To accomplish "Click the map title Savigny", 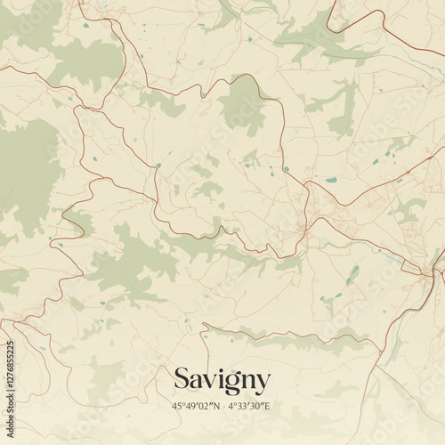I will tap(221, 380).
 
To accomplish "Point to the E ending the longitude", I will tap(268, 407).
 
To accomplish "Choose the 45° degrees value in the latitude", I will tap(179, 407).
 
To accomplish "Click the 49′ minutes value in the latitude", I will tap(191, 407).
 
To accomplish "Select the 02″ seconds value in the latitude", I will tap(204, 407).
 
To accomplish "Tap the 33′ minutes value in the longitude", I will tap(245, 407).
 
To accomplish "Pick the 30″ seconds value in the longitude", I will tap(258, 407).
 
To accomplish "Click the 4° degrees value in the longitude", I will tap(232, 407).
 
